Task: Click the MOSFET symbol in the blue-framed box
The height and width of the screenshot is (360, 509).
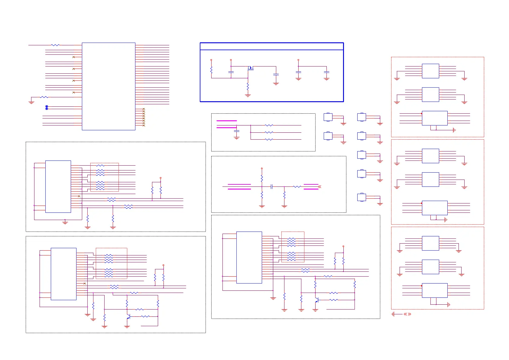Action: click(250, 68)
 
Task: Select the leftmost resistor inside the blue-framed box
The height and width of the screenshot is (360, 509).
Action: click(211, 70)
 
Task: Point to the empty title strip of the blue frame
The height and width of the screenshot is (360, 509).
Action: click(272, 46)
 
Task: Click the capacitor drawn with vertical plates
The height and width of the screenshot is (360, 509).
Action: click(272, 187)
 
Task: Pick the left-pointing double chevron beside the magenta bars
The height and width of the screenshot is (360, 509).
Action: click(319, 187)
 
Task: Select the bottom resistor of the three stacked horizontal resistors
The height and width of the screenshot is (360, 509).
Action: click(269, 139)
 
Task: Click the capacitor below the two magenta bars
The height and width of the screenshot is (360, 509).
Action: click(237, 131)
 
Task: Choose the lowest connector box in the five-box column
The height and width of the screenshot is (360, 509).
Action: click(361, 197)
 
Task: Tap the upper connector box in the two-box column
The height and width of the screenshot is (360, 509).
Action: click(328, 117)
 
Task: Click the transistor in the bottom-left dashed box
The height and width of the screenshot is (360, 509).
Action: click(128, 317)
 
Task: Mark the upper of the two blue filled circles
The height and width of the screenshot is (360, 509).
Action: click(47, 106)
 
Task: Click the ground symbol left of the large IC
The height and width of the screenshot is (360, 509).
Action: click(31, 102)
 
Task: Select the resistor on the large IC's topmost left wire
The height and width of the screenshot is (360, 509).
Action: click(55, 45)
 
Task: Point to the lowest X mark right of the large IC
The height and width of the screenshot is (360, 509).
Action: click(144, 125)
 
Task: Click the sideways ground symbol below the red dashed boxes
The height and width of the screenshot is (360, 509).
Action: click(393, 314)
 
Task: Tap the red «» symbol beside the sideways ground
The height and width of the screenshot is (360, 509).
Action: click(407, 314)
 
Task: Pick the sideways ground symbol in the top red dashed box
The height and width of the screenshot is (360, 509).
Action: click(454, 130)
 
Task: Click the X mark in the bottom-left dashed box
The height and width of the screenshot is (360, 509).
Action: click(85, 284)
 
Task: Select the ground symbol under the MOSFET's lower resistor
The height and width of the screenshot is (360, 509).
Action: click(248, 96)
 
